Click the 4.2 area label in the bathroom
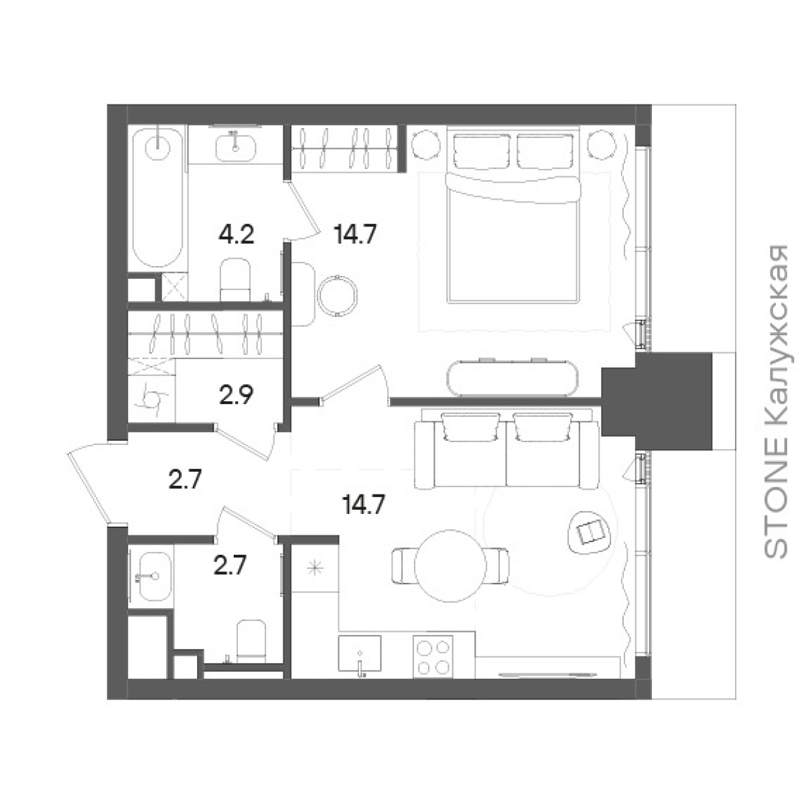236,236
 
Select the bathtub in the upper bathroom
157,198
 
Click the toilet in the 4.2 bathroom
235,279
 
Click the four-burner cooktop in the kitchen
433,659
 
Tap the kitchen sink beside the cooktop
360,654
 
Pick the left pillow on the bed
482,149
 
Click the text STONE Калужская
775,401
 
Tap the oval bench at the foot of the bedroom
513,378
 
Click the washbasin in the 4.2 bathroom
236,147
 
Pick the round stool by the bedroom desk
337,295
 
